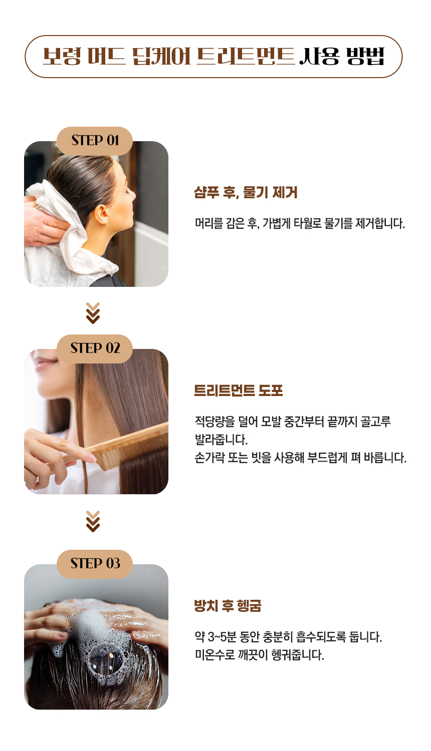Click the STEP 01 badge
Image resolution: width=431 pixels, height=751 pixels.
point(95,141)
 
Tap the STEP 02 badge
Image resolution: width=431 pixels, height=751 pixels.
point(95,348)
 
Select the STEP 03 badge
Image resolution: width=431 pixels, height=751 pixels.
point(95,564)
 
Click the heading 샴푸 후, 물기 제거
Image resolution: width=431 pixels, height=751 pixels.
point(246,192)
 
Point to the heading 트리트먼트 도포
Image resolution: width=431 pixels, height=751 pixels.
point(239,391)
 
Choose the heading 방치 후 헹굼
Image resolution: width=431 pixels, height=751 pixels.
point(228,606)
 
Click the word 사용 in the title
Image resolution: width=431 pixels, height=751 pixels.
point(319,56)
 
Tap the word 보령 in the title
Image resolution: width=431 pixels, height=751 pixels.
point(62,56)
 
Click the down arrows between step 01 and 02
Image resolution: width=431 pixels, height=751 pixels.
point(93,313)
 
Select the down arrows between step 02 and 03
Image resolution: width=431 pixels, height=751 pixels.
point(93,521)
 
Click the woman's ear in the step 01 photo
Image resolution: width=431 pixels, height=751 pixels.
point(102,215)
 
